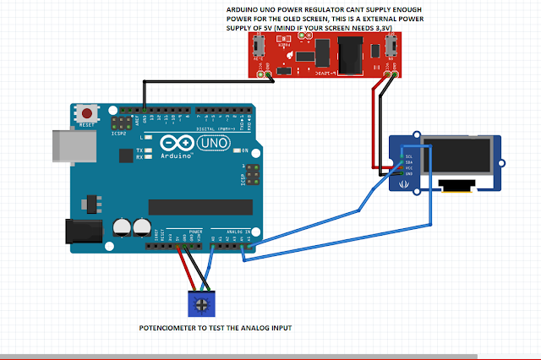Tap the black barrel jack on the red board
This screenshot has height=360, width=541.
[347, 60]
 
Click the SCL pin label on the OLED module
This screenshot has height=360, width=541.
[410, 155]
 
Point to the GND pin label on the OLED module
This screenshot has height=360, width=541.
[410, 174]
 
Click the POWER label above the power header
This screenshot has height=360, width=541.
[194, 231]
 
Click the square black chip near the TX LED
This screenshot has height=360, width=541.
[128, 154]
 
